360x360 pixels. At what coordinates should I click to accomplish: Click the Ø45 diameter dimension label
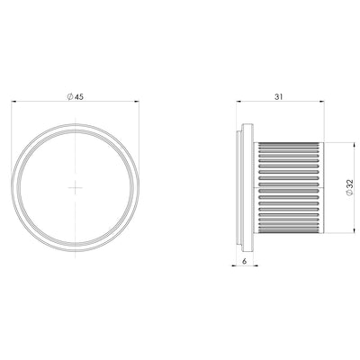click(x=75, y=97)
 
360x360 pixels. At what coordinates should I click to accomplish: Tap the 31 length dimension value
click(x=279, y=97)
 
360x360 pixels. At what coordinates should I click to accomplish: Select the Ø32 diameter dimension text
click(x=350, y=187)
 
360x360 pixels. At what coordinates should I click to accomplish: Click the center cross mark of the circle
click(x=75, y=187)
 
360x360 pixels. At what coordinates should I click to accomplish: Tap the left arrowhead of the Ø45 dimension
click(x=13, y=102)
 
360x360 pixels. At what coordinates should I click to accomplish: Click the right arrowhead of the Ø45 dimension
click(x=137, y=102)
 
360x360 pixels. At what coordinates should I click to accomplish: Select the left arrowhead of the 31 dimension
click(x=238, y=102)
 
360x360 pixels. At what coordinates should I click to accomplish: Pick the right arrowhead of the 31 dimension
click(x=321, y=102)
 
